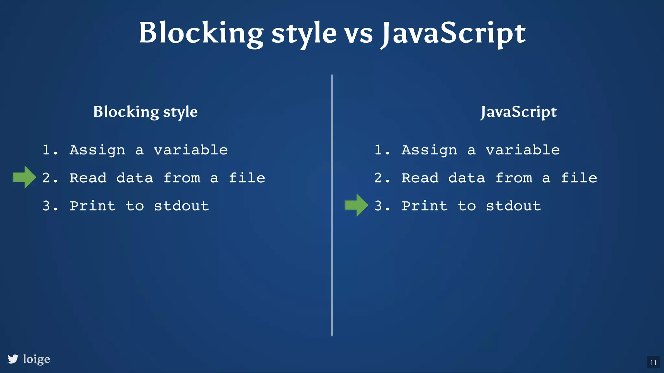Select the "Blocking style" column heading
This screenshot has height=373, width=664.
point(145,112)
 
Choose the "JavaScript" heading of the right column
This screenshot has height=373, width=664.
point(518,112)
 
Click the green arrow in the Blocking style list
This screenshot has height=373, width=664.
point(24,177)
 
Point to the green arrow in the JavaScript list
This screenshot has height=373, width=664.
point(356,205)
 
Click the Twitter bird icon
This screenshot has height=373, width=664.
point(13,359)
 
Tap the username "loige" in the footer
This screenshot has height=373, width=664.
point(37,359)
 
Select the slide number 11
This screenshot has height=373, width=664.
point(653,362)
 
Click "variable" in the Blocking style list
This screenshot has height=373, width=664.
point(191,150)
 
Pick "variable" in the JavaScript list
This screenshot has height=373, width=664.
point(523,150)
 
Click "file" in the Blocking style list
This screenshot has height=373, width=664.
point(247,178)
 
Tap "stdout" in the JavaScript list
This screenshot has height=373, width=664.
point(513,206)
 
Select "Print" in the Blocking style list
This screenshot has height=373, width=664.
point(93,206)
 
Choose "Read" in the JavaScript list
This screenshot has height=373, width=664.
point(420,178)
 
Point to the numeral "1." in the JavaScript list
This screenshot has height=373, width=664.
point(382,150)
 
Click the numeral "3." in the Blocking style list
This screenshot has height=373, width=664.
point(50,206)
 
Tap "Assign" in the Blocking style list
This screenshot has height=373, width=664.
point(97,150)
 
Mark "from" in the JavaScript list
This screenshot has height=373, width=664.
point(514,178)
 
